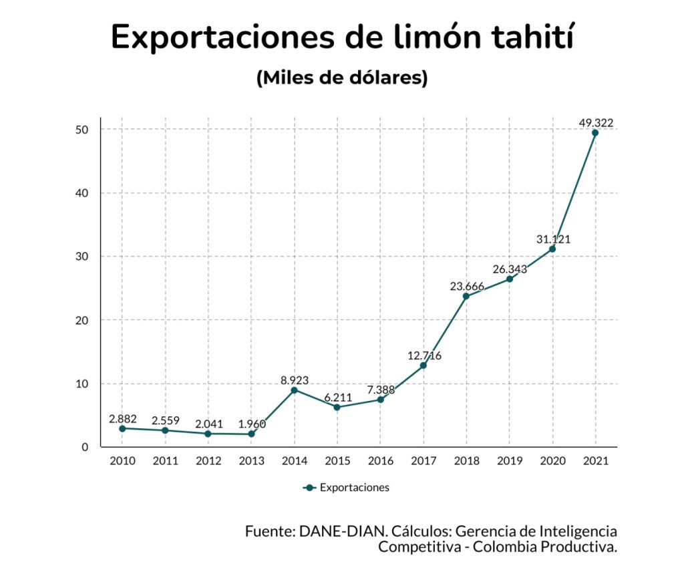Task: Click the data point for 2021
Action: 595,132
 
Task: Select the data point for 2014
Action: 294,390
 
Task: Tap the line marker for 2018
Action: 466,296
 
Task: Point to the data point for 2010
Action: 122,428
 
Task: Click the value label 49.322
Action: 596,122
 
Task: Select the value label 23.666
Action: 467,287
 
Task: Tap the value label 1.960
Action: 251,423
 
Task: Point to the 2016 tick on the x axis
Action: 380,461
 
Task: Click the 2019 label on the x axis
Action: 509,461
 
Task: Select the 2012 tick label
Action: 208,461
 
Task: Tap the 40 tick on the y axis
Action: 81,193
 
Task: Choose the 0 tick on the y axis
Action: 85,447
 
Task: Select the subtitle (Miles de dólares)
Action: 342,78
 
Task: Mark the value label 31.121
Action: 553,239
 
